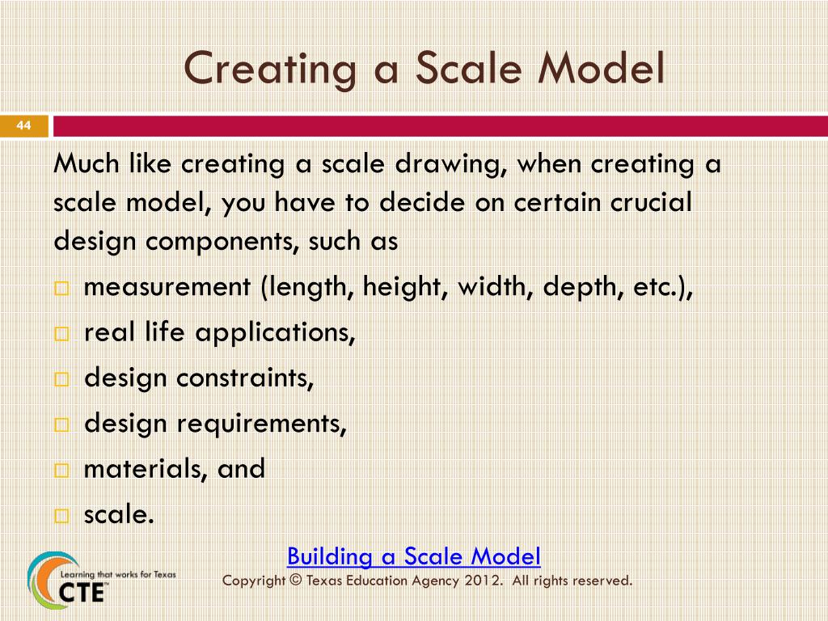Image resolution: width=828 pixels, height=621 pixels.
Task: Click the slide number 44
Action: pos(23,125)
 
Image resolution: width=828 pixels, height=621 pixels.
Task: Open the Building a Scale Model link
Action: pos(413,556)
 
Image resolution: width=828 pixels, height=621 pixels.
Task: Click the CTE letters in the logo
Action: pos(82,591)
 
